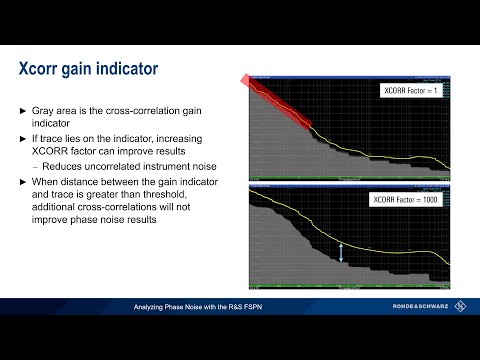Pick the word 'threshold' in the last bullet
[198, 195]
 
